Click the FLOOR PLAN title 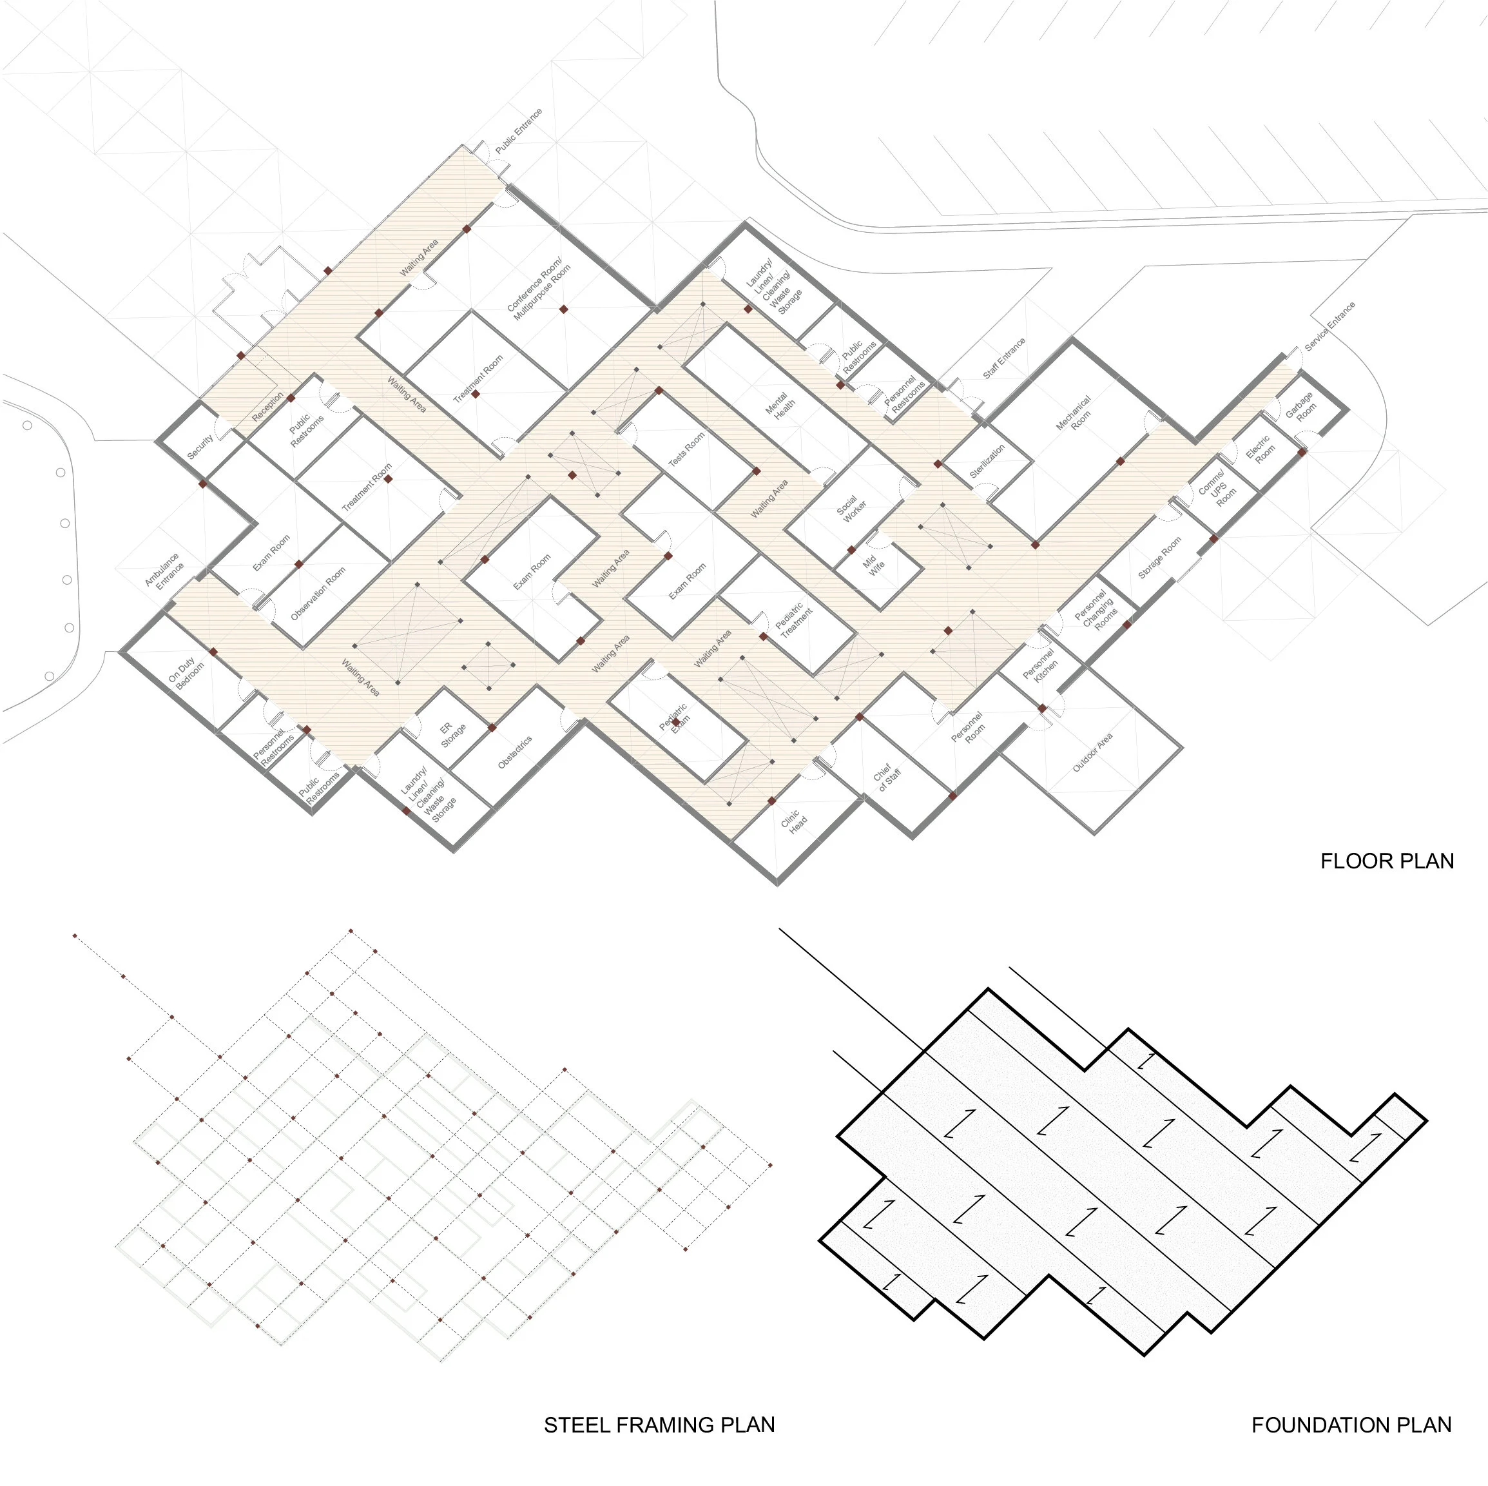tap(1386, 861)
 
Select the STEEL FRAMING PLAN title tap(659, 1425)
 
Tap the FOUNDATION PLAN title tap(1351, 1425)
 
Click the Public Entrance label tap(518, 130)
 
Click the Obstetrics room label tap(514, 752)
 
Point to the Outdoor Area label tap(1092, 752)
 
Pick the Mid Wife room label tap(873, 565)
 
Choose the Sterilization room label tap(987, 462)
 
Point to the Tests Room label tap(686, 449)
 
